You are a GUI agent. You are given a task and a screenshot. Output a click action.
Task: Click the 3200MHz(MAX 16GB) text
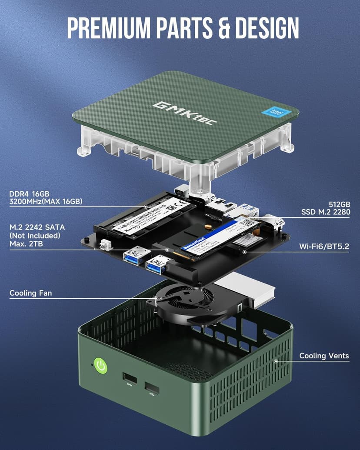coord(46,201)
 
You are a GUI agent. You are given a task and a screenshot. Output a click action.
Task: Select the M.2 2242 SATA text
coord(35,228)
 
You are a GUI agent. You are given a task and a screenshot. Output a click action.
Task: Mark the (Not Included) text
coord(35,236)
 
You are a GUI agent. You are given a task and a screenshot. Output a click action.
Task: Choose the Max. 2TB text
coord(27,243)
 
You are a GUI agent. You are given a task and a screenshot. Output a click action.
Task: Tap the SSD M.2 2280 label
coord(326,212)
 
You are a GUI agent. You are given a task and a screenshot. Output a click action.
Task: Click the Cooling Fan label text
coord(30,293)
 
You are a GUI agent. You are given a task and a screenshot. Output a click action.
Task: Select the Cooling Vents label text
coord(324,356)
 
